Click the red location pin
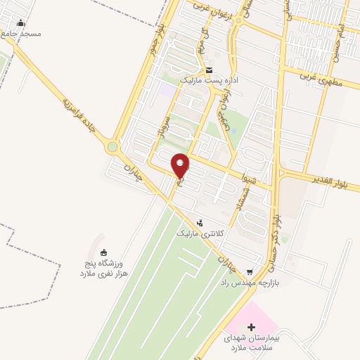(181, 166)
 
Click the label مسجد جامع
(22, 34)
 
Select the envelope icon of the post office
(210, 70)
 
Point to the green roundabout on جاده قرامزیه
(112, 147)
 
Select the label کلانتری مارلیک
(202, 233)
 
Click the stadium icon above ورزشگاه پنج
(104, 252)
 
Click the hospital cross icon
(252, 326)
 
